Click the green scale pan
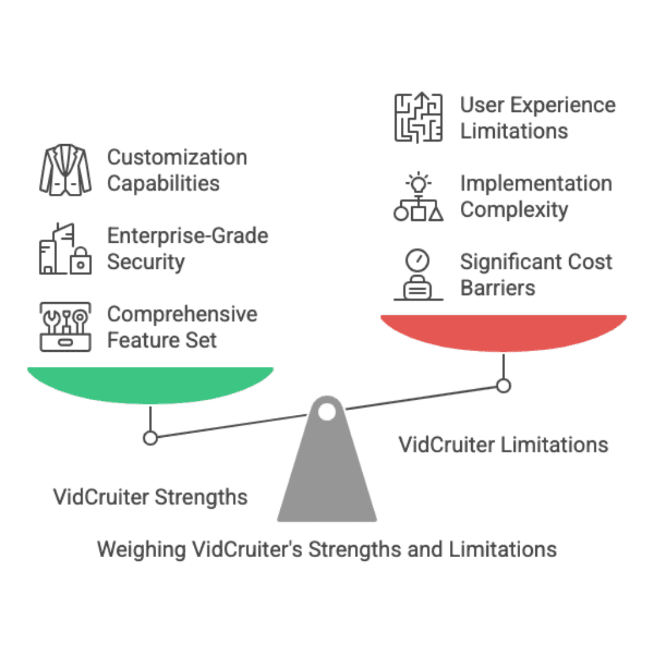[x=150, y=383]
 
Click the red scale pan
[x=503, y=331]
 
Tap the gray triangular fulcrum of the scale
[x=327, y=478]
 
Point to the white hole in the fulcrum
[x=327, y=412]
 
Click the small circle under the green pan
[x=150, y=437]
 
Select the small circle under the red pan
[x=503, y=385]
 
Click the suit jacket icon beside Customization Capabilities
[x=65, y=170]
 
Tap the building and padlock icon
[x=65, y=249]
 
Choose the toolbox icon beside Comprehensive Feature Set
[x=65, y=327]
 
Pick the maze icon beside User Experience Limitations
[x=418, y=118]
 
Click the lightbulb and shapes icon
[x=418, y=197]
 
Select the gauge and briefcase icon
[x=418, y=276]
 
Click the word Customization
[x=177, y=157]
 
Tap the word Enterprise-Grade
[x=188, y=236]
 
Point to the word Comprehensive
[x=182, y=314]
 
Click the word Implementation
[x=536, y=183]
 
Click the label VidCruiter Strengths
[x=150, y=498]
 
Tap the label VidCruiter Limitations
[x=503, y=445]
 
